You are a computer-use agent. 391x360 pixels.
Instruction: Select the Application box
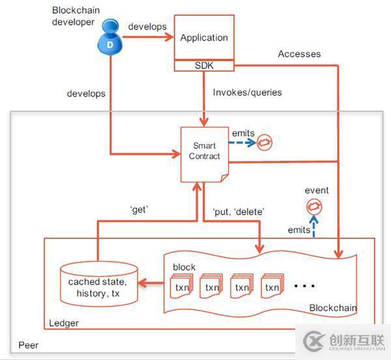pos(204,38)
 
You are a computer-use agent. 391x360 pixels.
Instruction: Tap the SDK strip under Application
pos(204,66)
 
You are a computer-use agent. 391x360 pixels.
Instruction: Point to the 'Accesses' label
pos(299,54)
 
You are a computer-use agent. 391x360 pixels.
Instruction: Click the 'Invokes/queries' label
pos(247,92)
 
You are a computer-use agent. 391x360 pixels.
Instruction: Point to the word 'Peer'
pos(28,343)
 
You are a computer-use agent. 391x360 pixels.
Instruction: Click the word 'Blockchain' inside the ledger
pos(332,307)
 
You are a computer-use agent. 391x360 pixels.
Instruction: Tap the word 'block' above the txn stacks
pos(184,267)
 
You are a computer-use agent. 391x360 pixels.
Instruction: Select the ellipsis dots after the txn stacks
pos(306,285)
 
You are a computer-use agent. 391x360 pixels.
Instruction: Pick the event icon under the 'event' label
pos(315,206)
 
